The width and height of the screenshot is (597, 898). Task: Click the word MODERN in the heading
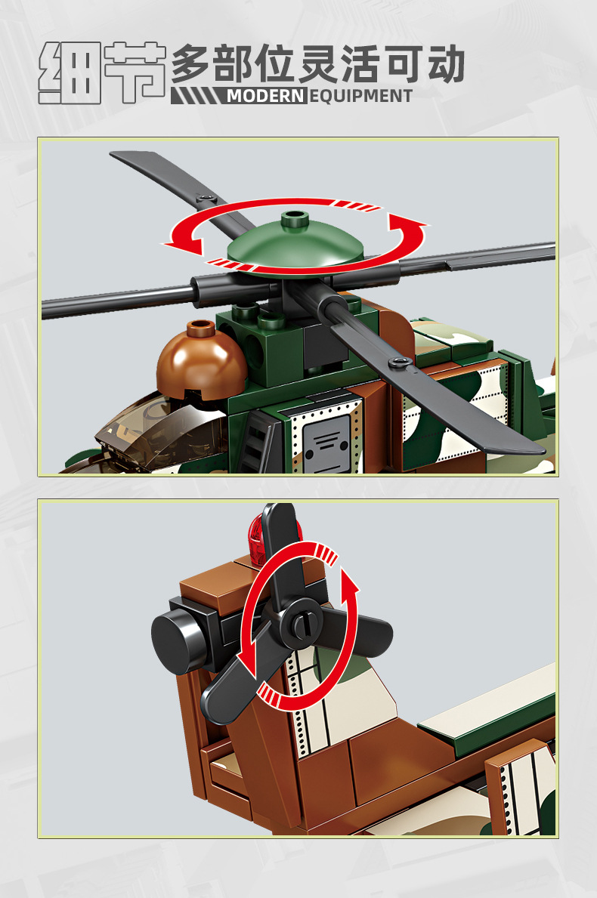click(266, 96)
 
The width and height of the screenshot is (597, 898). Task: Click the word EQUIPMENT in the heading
click(361, 96)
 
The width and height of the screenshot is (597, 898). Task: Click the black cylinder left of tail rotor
click(177, 637)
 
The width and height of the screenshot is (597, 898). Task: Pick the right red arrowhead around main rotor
click(407, 224)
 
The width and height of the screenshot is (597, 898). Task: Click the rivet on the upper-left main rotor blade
click(206, 198)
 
